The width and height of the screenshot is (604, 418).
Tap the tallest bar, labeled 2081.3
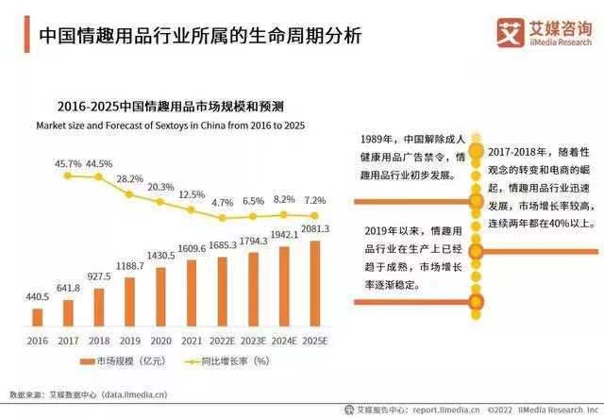(315, 284)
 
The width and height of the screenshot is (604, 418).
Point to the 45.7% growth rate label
(68, 163)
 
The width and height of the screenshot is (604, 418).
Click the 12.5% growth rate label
(192, 194)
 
